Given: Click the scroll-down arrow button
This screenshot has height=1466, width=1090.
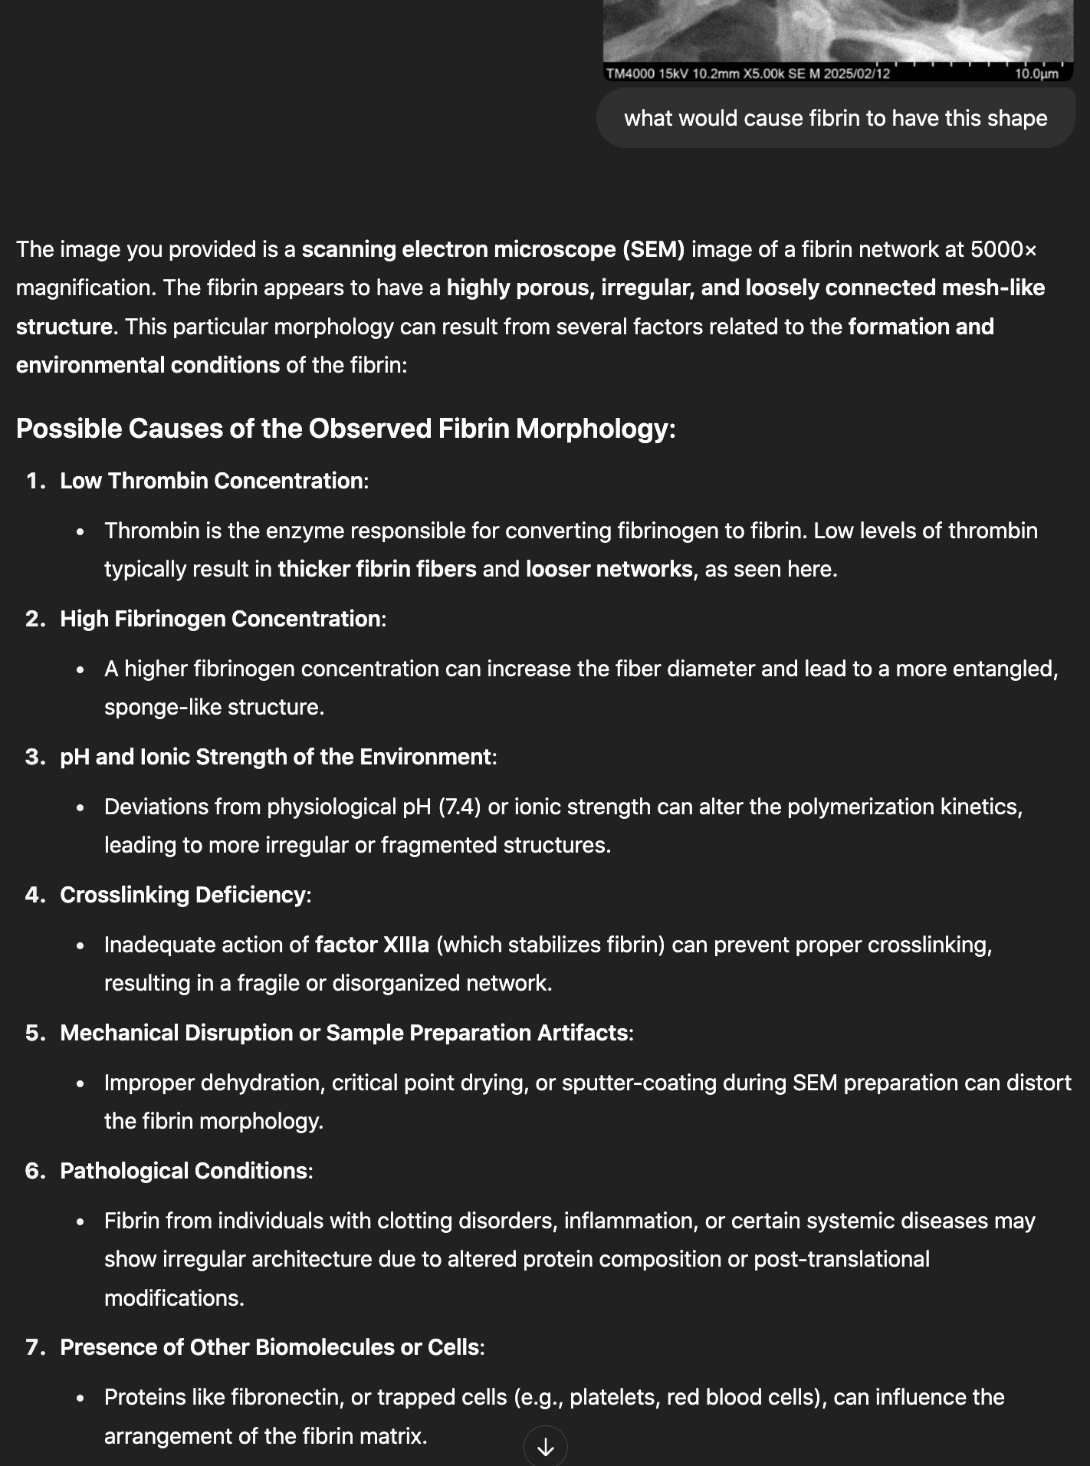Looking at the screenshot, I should [545, 1446].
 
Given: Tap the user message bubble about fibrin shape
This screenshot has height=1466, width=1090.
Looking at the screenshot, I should [836, 118].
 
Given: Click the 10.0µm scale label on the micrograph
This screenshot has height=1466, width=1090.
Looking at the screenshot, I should [1036, 74].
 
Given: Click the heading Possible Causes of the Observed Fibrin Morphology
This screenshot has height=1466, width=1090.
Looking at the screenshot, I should [346, 429].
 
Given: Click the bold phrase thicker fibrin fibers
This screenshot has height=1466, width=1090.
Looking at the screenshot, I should [376, 569].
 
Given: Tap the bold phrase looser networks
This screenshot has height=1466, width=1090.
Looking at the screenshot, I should [609, 569].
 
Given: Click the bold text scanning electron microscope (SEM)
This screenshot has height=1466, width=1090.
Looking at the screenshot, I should [493, 249].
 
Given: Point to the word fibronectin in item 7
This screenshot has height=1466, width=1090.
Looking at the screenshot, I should [265, 1397].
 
